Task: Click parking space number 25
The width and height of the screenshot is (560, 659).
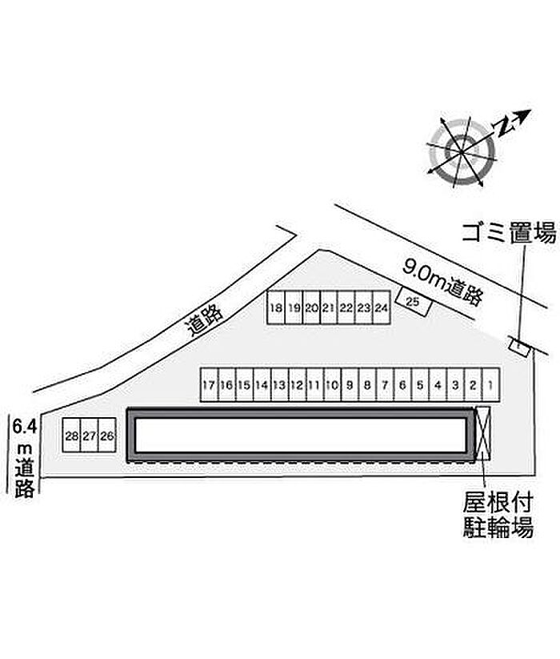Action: click(x=414, y=303)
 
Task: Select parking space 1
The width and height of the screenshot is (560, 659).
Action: click(x=490, y=385)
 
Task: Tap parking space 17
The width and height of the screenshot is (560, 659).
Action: click(x=208, y=385)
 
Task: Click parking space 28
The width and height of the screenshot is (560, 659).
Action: click(x=72, y=437)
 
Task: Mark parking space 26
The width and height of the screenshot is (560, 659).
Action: click(x=108, y=437)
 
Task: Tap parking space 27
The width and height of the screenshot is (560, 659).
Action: click(x=90, y=437)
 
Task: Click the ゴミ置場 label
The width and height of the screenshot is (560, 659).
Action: click(x=508, y=234)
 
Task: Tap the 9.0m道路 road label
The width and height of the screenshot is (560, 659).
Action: click(x=444, y=281)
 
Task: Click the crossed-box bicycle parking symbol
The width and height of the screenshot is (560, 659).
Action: click(x=482, y=432)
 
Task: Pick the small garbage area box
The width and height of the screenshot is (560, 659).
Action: click(x=520, y=345)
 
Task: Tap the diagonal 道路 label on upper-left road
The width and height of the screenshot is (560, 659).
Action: click(x=204, y=320)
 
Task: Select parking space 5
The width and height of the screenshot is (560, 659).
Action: click(x=419, y=385)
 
